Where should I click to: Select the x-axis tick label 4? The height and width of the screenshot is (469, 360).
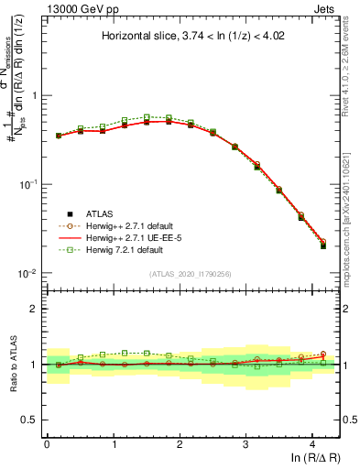pyautogui.click(x=312, y=443)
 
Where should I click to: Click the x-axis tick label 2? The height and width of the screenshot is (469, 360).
pyautogui.click(x=180, y=443)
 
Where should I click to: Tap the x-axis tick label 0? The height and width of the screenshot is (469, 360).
pyautogui.click(x=47, y=443)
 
